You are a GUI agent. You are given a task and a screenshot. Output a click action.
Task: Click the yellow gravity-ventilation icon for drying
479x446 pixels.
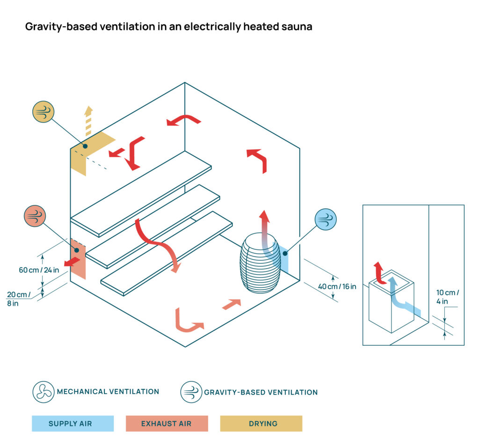point(44,112)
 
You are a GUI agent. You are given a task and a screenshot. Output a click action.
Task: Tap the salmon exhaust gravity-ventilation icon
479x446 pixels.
point(35,216)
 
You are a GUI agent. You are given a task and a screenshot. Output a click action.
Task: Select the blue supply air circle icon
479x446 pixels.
point(326,219)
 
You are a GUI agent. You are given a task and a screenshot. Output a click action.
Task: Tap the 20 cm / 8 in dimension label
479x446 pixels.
point(19,299)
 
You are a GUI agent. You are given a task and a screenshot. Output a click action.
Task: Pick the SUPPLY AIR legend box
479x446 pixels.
point(73,424)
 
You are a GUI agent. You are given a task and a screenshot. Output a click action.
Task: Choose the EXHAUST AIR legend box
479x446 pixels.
point(167,424)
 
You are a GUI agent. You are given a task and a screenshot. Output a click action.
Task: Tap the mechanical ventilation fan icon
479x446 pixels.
point(44,392)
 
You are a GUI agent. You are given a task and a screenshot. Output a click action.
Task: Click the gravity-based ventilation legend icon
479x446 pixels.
point(191,392)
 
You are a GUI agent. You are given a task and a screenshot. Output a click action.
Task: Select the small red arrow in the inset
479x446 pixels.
point(378,273)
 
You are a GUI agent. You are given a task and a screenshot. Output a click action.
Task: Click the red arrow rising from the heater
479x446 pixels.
point(265,225)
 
